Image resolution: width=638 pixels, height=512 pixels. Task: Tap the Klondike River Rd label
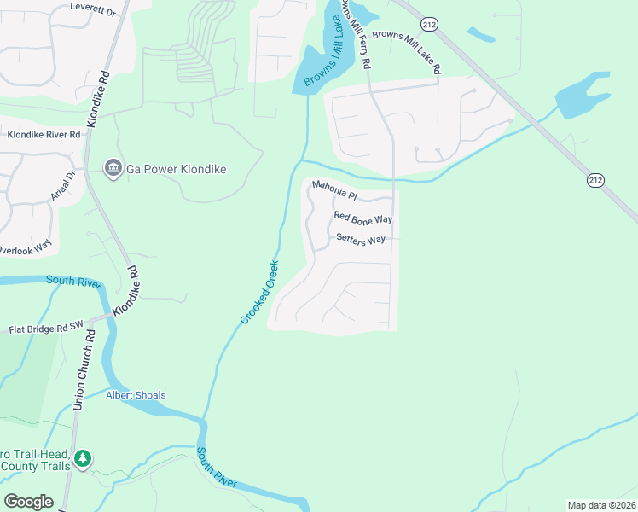tap(43, 135)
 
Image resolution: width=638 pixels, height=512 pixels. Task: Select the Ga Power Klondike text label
tap(176, 169)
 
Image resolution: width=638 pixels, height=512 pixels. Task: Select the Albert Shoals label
tap(136, 395)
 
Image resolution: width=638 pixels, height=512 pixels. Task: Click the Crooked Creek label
tap(258, 292)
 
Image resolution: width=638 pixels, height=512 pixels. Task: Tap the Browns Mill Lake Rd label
tap(405, 48)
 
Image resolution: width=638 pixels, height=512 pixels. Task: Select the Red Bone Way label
tap(362, 218)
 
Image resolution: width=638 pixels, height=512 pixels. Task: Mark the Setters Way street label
tap(361, 240)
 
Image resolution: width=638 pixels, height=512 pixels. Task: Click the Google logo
tap(28, 502)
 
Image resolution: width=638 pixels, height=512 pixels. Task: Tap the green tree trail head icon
tap(83, 459)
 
